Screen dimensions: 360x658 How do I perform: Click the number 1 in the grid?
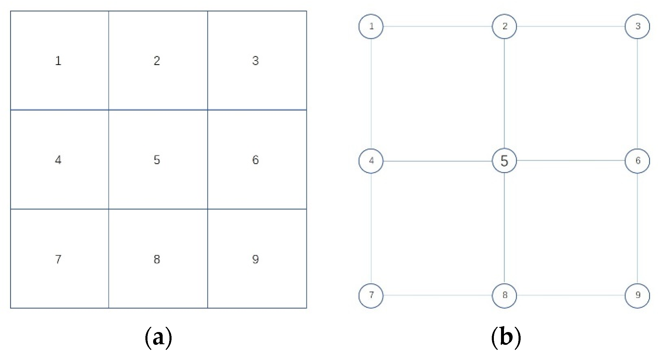point(58,61)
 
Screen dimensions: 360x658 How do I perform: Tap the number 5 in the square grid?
point(157,160)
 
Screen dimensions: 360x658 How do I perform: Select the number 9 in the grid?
point(255,259)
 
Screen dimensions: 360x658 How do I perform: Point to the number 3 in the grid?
point(255,61)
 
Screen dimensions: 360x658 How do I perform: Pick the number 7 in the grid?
point(58,259)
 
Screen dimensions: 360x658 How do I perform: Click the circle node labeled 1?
point(371,26)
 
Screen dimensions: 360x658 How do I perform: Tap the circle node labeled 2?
point(504,26)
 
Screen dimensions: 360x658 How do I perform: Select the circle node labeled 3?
point(637,26)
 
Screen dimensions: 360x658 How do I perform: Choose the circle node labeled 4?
point(371,161)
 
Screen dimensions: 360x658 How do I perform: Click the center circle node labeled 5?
point(504,161)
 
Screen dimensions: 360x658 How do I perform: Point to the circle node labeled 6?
point(637,161)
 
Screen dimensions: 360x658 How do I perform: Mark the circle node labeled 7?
point(371,295)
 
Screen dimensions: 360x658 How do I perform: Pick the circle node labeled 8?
point(504,295)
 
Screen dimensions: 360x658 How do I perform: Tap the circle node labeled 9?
point(637,295)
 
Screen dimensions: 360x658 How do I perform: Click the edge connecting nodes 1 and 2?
point(438,26)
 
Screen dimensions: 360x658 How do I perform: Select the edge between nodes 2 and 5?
point(504,94)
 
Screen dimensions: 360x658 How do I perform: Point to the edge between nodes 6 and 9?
point(637,228)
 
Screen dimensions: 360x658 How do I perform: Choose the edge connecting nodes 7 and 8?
point(438,295)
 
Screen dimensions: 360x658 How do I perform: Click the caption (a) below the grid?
point(158,337)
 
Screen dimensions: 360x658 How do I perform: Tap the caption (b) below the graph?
point(506,337)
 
